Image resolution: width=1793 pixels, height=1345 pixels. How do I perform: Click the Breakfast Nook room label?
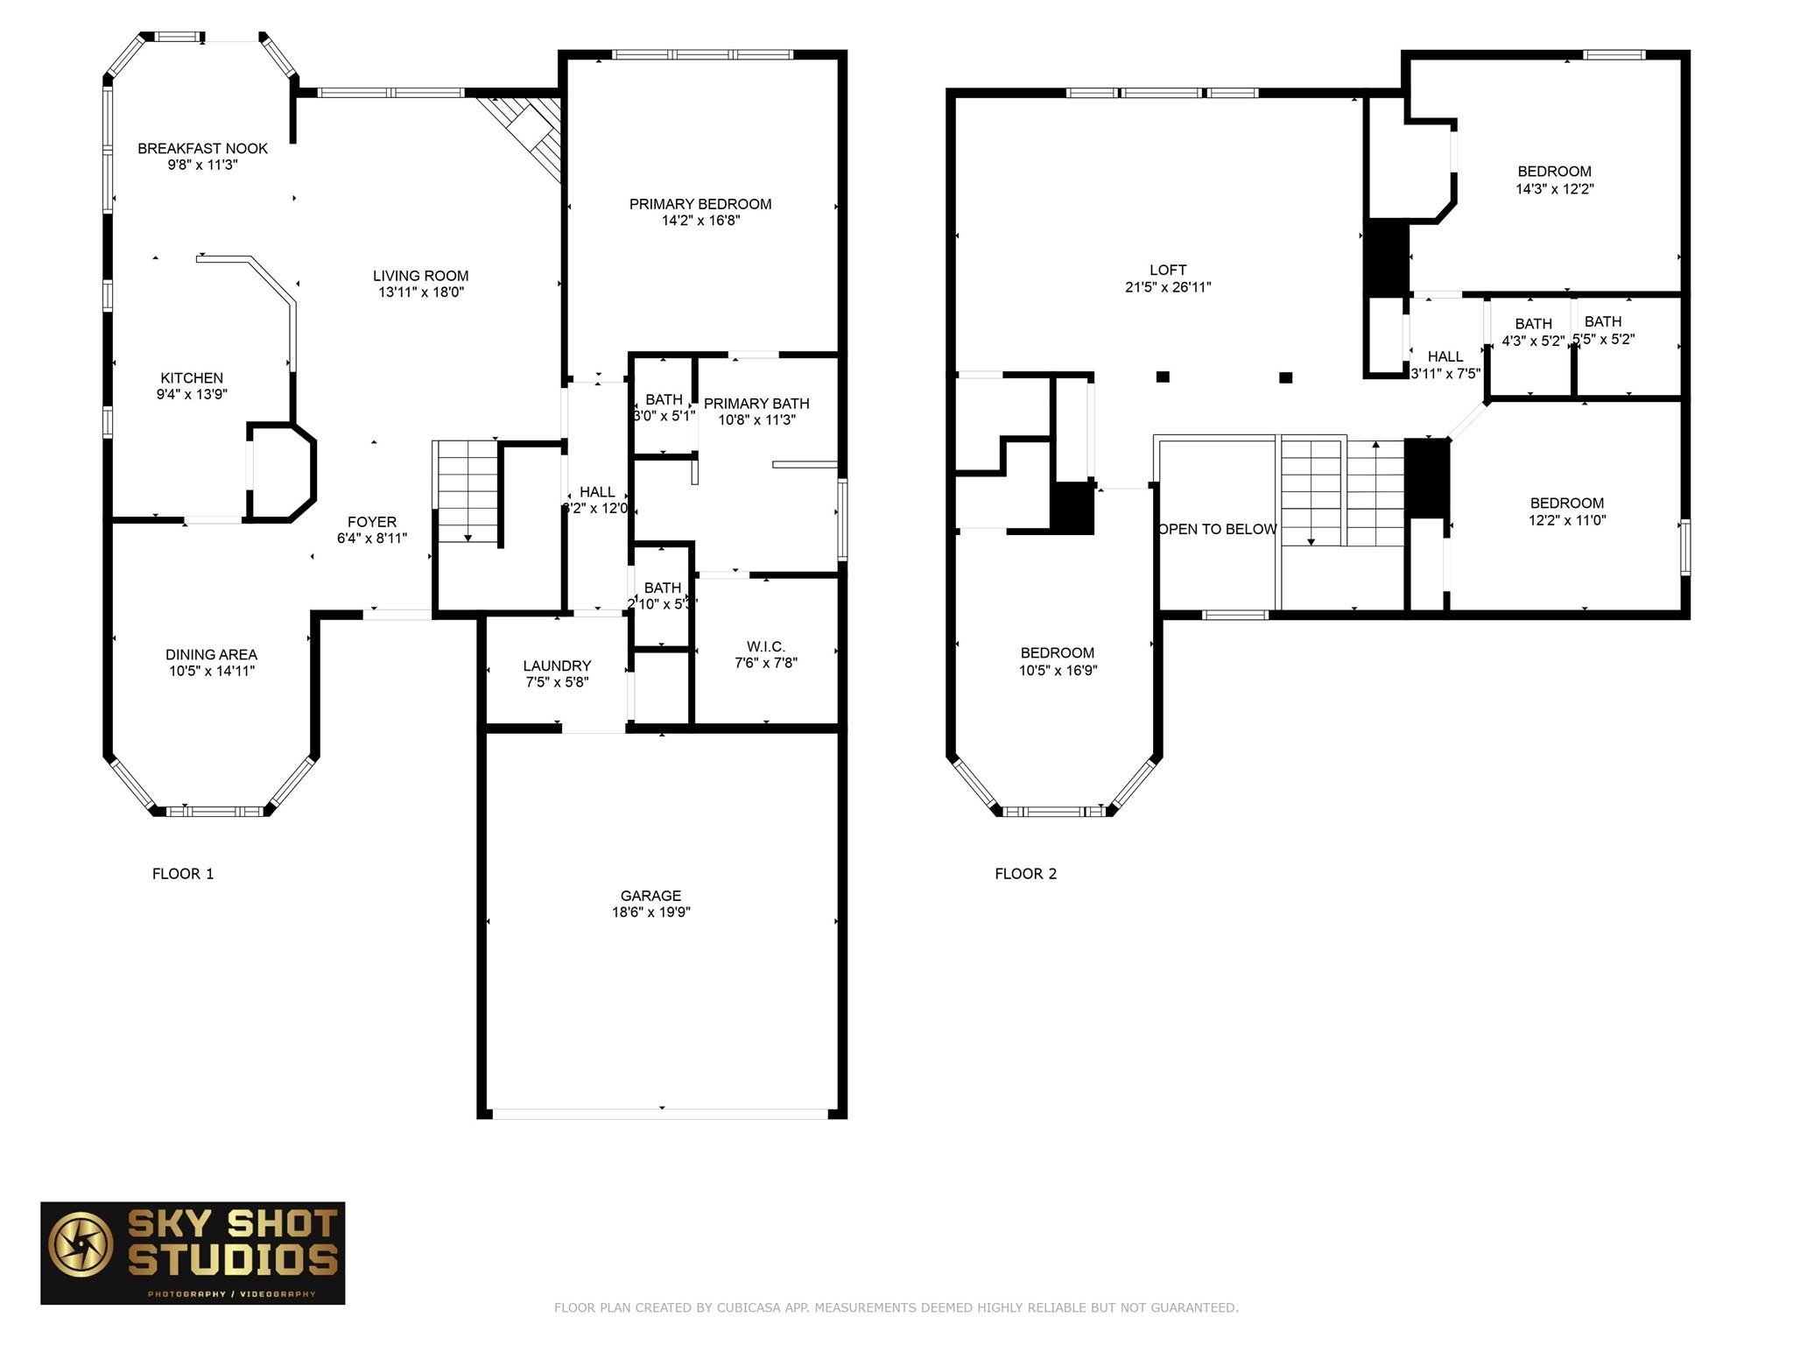coord(202,149)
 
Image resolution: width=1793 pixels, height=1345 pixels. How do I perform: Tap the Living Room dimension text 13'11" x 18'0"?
coord(420,292)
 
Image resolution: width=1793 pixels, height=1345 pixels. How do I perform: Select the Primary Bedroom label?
coord(700,204)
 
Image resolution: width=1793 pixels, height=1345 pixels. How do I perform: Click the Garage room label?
coord(650,896)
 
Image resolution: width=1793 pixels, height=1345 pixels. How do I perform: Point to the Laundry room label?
coord(557,665)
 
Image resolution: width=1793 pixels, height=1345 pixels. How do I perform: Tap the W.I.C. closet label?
coord(765,647)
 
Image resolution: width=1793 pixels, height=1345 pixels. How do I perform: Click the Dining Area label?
coord(211,655)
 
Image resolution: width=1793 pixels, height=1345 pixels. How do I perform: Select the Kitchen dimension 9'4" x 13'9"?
coord(192,395)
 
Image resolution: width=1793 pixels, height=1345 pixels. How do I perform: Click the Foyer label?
coord(371,522)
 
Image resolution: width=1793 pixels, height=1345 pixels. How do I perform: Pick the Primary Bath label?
coord(756,404)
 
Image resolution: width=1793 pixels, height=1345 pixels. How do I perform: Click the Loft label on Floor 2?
coord(1168,271)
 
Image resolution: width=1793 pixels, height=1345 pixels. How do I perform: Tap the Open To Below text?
coord(1217,529)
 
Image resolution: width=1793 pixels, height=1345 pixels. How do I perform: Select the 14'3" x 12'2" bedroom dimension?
coord(1554,188)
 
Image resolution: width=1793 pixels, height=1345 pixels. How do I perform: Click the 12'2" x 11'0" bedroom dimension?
coord(1566,520)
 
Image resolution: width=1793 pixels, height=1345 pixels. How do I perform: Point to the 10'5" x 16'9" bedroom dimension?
coord(1058,671)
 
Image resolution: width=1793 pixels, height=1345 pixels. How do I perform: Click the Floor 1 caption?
coord(183,874)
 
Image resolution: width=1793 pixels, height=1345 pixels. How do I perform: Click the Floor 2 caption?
coord(1025,874)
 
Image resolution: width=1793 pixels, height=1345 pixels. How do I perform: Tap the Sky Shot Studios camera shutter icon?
coord(81,1244)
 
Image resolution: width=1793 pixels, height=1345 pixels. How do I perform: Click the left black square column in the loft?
coord(1163,377)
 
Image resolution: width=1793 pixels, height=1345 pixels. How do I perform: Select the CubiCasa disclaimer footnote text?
coord(896,1308)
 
